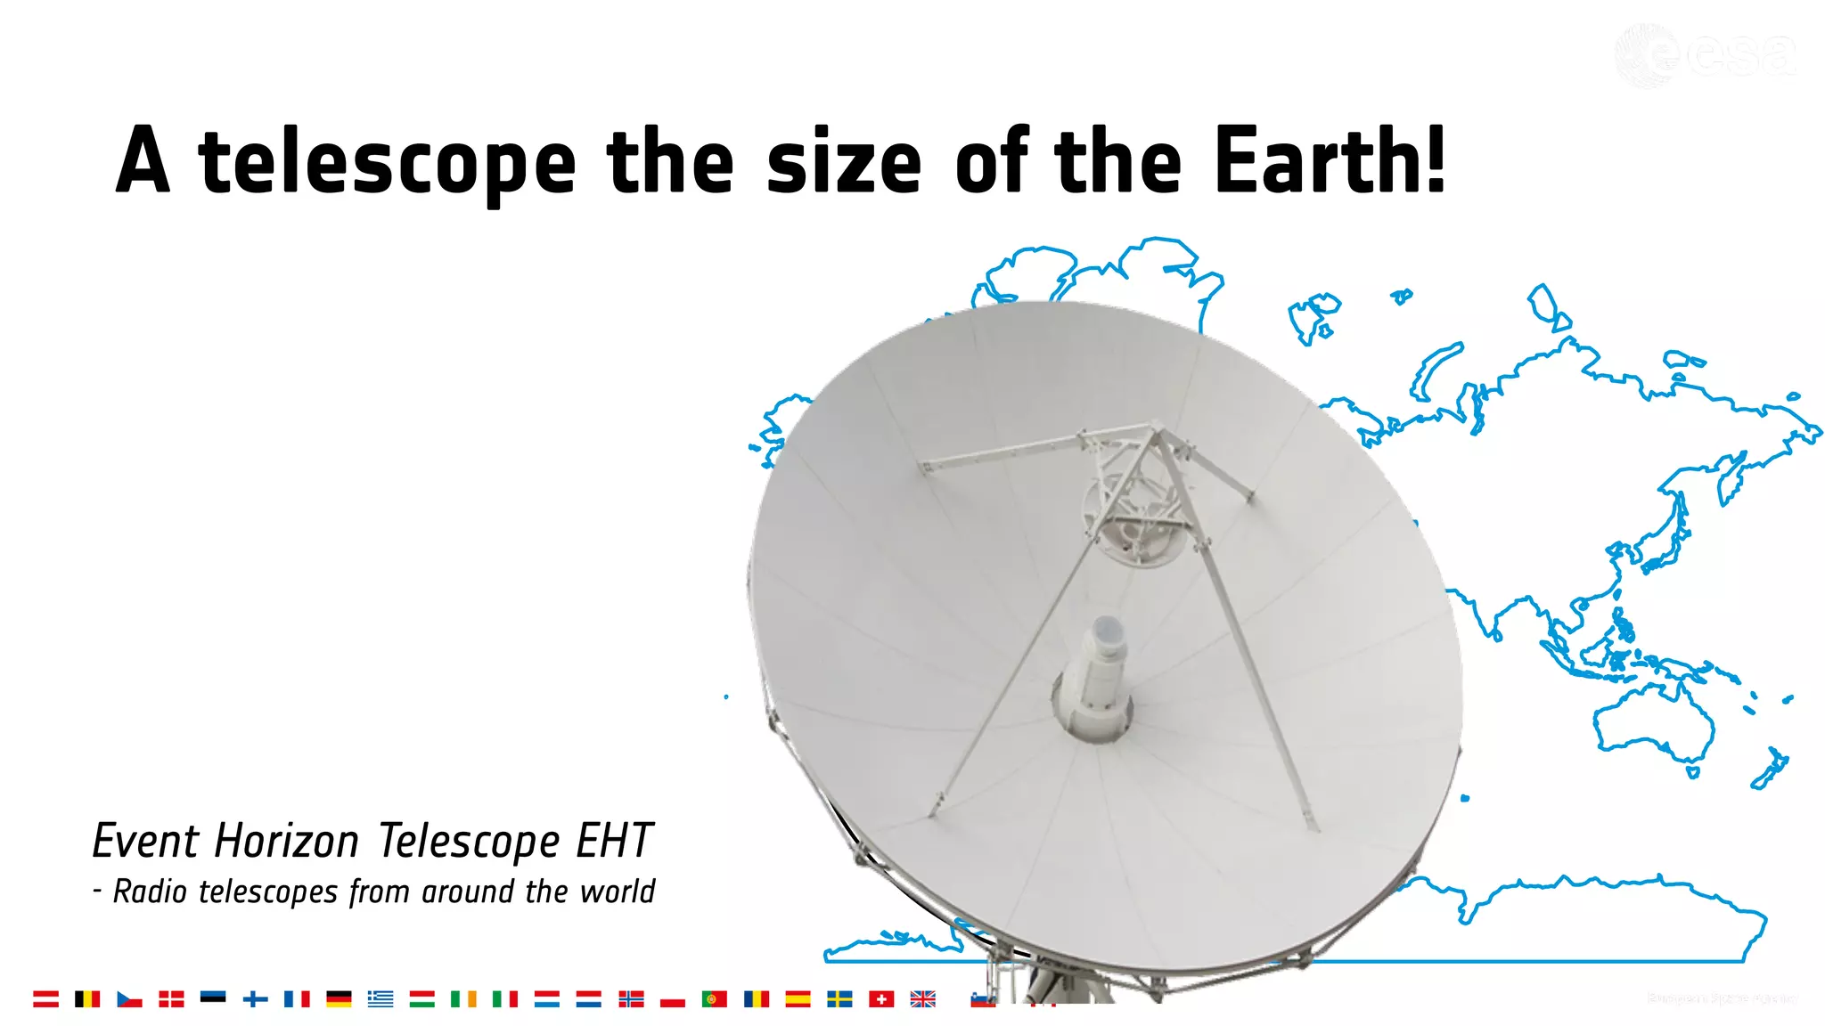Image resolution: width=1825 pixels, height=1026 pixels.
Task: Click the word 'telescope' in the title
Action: click(x=388, y=163)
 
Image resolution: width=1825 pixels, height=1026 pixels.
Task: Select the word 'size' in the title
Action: click(x=843, y=163)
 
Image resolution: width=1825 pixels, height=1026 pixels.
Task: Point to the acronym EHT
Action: click(x=615, y=841)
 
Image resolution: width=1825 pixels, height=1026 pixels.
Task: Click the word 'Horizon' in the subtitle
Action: click(x=286, y=841)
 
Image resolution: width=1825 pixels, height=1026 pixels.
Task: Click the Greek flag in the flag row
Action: click(x=381, y=999)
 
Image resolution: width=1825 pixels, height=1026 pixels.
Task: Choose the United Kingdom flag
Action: click(x=923, y=999)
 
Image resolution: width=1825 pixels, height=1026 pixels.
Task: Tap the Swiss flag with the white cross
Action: click(x=881, y=999)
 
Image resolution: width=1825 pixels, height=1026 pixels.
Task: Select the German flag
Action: click(x=339, y=999)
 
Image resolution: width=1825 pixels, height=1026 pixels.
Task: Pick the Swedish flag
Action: click(x=839, y=999)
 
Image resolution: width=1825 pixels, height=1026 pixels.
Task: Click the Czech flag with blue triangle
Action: click(x=129, y=999)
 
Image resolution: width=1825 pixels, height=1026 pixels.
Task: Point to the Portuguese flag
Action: click(x=714, y=999)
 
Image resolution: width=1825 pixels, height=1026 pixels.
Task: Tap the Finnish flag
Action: click(x=255, y=999)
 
